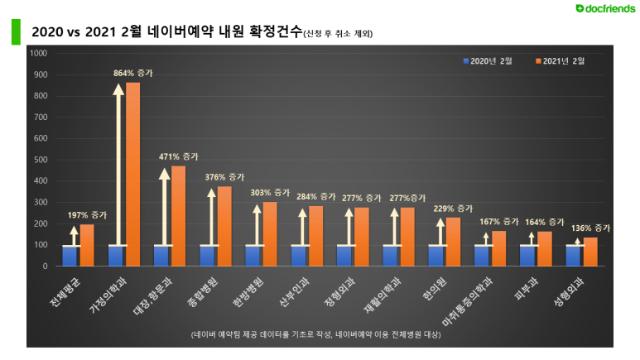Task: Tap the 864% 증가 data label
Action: [132, 73]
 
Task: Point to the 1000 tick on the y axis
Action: [39, 53]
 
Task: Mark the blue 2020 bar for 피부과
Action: [528, 255]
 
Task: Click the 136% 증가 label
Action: [589, 228]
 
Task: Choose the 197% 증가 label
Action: [87, 214]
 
